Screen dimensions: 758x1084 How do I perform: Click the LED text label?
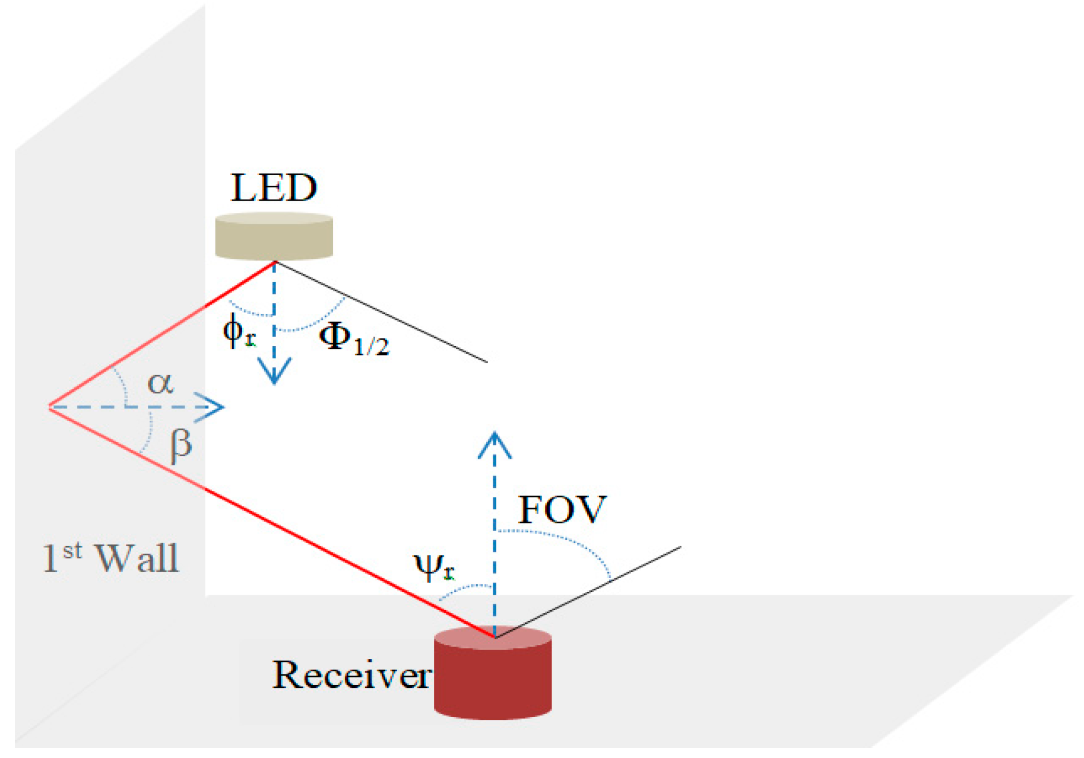point(274,188)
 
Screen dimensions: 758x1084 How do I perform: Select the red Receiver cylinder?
point(493,677)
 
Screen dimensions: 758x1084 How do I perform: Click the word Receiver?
point(351,675)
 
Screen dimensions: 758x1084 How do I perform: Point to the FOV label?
point(562,509)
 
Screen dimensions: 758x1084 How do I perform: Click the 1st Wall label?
point(110,558)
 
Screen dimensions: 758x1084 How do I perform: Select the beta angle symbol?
point(180,445)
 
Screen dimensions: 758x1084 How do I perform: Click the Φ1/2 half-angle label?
point(354,340)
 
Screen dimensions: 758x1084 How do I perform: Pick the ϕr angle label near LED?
point(239,332)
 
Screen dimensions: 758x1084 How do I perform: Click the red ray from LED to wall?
point(160,335)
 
